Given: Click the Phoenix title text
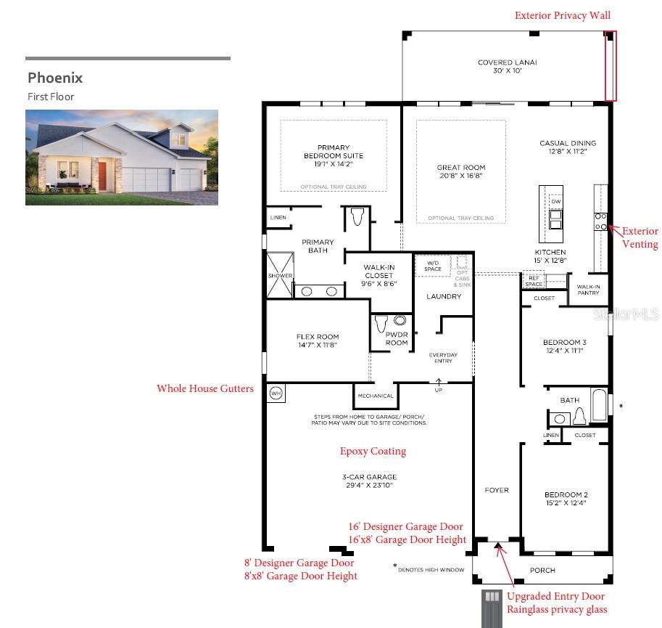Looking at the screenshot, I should tap(55, 78).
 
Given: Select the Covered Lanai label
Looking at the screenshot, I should tap(507, 62).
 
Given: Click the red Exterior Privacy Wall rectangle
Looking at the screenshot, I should tap(611, 65).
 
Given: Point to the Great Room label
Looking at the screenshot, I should tap(460, 168).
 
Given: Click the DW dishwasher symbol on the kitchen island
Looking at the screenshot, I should tap(555, 201).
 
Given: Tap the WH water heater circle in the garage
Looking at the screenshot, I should tap(276, 393).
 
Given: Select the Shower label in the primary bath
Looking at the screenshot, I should tap(280, 276).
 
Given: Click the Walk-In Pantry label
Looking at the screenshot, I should tap(588, 289).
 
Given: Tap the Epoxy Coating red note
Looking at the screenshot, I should tap(373, 451).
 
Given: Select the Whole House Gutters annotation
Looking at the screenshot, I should tap(205, 388).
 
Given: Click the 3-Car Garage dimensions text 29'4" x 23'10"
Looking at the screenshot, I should tap(371, 485).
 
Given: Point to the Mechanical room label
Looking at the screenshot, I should tap(376, 396).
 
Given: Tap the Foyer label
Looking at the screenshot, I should tap(497, 490).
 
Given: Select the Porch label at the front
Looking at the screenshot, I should tap(542, 571).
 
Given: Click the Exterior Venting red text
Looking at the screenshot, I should tap(640, 237).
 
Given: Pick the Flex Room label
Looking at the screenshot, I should tap(317, 340).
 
